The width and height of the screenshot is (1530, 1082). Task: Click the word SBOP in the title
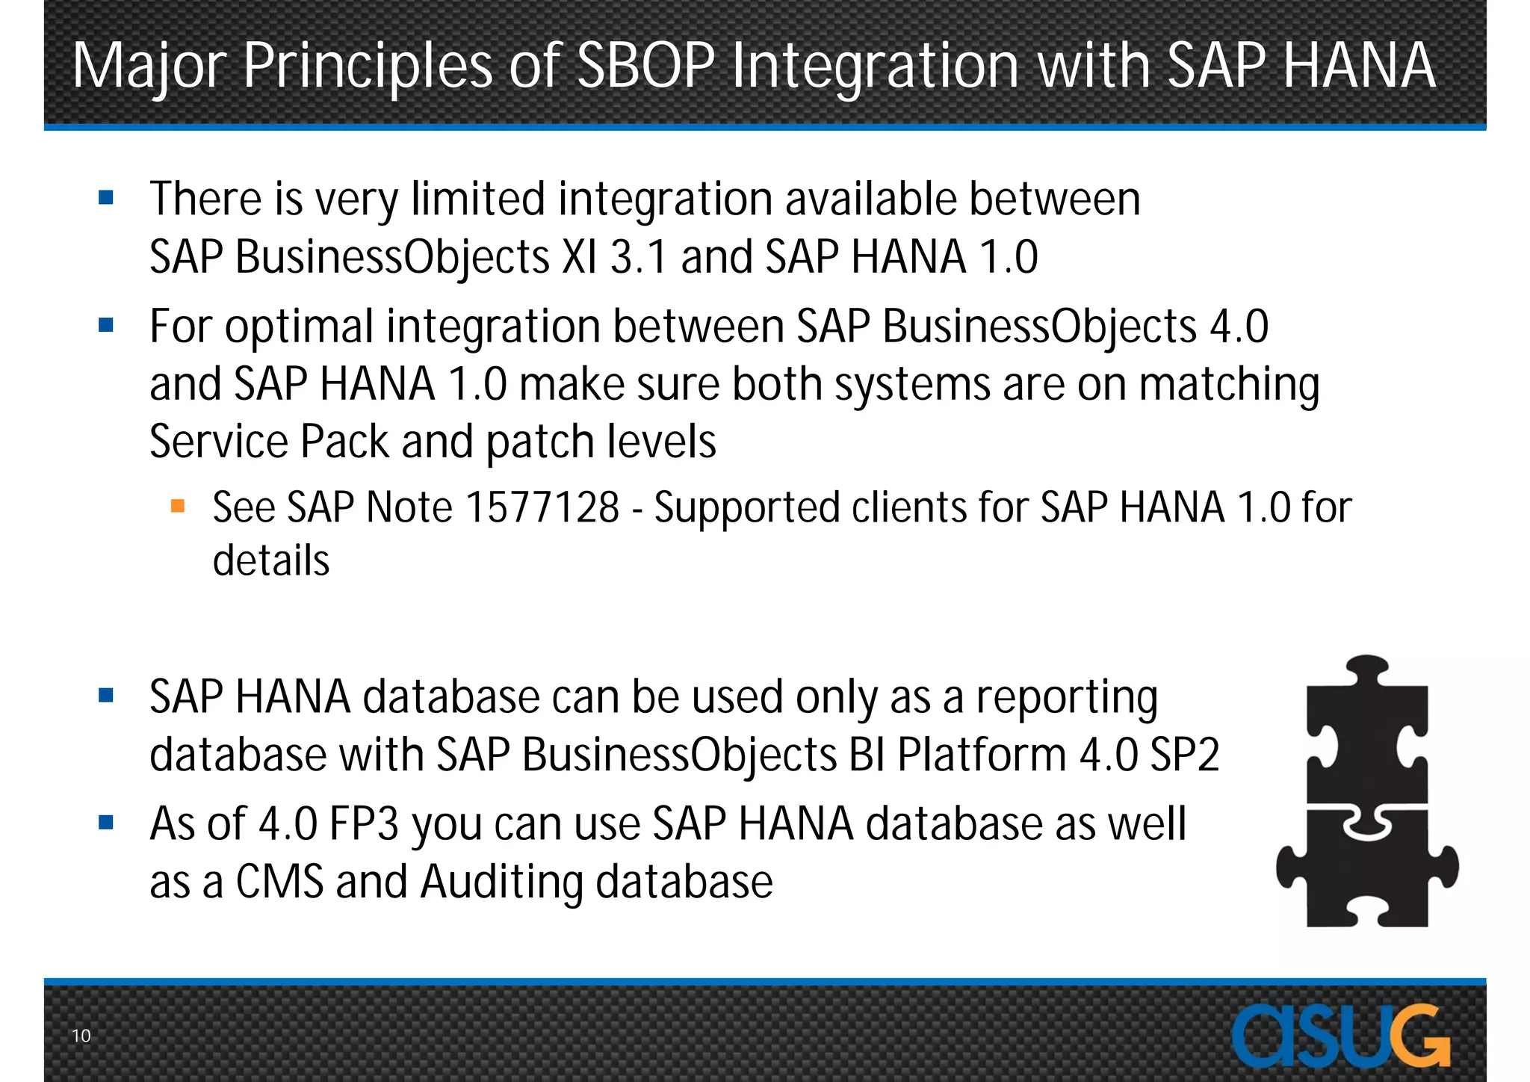645,66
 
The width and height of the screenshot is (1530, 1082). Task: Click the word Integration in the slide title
875,66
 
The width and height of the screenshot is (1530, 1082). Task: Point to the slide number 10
81,1036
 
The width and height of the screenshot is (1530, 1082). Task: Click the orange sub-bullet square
178,507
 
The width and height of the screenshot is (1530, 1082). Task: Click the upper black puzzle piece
1367,729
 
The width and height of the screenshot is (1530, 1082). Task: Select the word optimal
299,327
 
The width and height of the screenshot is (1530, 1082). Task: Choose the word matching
1229,385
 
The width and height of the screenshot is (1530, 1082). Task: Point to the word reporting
1067,698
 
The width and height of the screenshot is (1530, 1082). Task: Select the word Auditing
501,882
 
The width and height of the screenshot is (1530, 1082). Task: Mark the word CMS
279,882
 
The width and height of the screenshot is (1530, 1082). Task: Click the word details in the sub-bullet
270,560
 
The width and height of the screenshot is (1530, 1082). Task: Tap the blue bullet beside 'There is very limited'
106,198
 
